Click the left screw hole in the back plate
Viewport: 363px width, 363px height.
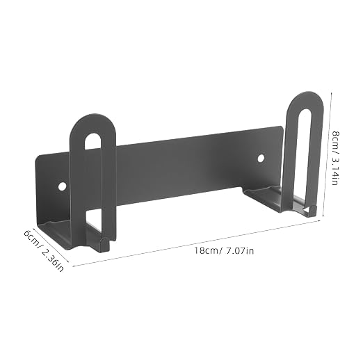coord(62,186)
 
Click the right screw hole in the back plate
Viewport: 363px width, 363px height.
coord(261,159)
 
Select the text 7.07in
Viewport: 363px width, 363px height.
coord(240,250)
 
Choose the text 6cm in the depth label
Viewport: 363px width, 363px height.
coord(31,238)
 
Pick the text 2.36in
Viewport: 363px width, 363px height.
coord(53,260)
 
